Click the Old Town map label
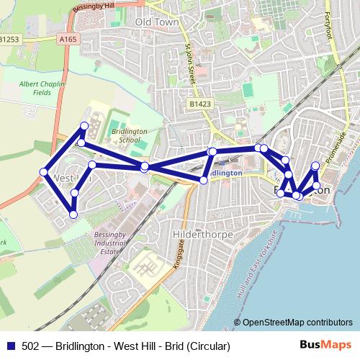pyautogui.click(x=156, y=22)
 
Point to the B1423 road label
pyautogui.click(x=201, y=104)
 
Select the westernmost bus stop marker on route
pyautogui.click(x=44, y=173)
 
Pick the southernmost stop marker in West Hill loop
pyautogui.click(x=73, y=214)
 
